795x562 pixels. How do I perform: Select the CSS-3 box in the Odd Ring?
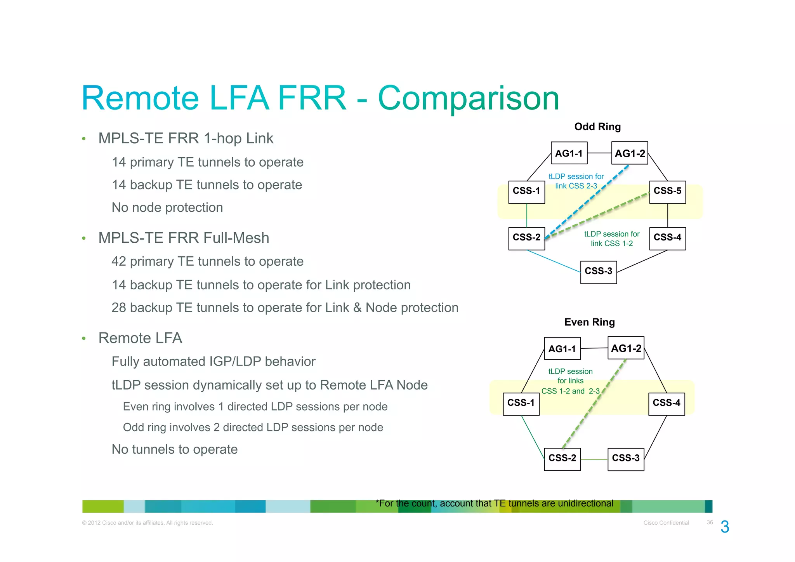pyautogui.click(x=598, y=272)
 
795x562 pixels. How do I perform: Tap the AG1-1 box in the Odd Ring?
pyautogui.click(x=569, y=153)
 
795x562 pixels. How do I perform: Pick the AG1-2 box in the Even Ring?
pyautogui.click(x=626, y=348)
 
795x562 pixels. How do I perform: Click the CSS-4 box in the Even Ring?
pyautogui.click(x=666, y=404)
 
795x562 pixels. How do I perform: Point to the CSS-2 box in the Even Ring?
pyautogui.click(x=562, y=459)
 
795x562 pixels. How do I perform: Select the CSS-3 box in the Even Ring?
pyautogui.click(x=625, y=459)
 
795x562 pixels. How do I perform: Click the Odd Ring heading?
pyautogui.click(x=597, y=127)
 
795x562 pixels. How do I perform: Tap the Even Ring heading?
pyautogui.click(x=589, y=322)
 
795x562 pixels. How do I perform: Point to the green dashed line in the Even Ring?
pyautogui.click(x=594, y=404)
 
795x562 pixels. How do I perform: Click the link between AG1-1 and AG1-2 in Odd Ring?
pyautogui.click(x=599, y=153)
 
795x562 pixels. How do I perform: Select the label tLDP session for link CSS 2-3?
pyautogui.click(x=576, y=181)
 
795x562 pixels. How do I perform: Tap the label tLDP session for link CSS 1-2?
pyautogui.click(x=611, y=239)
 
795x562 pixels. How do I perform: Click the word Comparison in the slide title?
pyautogui.click(x=468, y=98)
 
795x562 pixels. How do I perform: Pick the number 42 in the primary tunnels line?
pyautogui.click(x=119, y=261)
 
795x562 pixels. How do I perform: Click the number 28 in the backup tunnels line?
pyautogui.click(x=119, y=308)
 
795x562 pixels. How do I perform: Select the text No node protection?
pyautogui.click(x=167, y=207)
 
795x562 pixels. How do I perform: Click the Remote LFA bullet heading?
pyautogui.click(x=140, y=338)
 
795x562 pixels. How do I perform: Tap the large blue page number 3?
pyautogui.click(x=724, y=527)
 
